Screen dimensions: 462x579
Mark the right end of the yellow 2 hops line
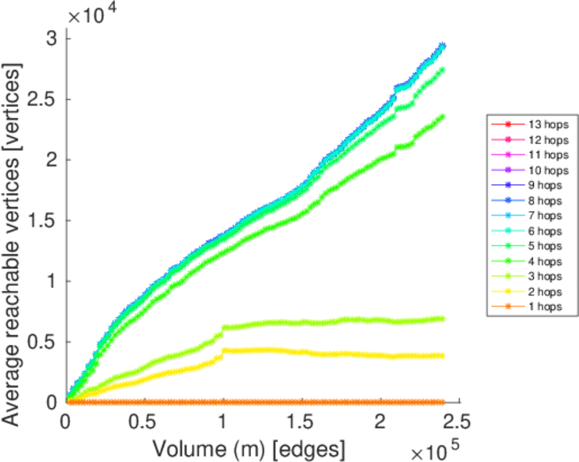coord(442,355)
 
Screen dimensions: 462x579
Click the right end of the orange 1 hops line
coord(442,402)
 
